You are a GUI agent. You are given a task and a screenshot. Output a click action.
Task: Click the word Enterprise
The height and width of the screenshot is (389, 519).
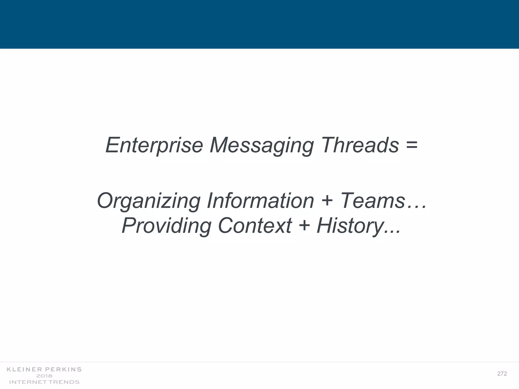point(154,145)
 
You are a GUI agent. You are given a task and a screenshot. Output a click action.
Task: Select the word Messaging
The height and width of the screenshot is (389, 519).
point(262,145)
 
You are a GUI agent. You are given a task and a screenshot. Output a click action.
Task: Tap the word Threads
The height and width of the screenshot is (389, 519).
point(360,145)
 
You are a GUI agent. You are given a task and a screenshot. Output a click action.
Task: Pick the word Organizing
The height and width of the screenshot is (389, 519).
point(149,201)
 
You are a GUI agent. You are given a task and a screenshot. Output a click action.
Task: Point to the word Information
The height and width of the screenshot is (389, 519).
point(260,201)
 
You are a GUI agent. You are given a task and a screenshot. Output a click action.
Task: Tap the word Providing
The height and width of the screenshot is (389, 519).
point(166,226)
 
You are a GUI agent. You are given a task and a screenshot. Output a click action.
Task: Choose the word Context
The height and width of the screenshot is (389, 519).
point(255,226)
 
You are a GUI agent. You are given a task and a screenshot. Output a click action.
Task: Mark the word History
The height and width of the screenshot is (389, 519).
point(350,226)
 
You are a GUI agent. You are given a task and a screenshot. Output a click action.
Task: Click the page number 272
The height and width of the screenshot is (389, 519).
point(502,374)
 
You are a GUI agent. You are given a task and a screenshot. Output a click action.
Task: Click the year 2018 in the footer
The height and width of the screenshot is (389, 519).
point(44,376)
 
